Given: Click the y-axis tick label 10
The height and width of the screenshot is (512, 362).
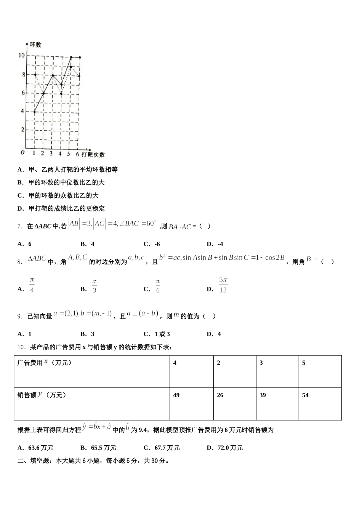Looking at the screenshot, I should (x=21, y=55).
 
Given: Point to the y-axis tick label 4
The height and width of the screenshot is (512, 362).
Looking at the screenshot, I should (x=22, y=111).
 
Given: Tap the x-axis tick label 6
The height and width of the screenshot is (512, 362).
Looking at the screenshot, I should (x=77, y=154).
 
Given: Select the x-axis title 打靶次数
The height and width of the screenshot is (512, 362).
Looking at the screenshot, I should (x=93, y=154).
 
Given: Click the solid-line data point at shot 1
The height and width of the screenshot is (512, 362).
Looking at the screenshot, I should (x=34, y=112).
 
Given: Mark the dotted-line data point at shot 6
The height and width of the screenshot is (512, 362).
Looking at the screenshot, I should (x=79, y=76).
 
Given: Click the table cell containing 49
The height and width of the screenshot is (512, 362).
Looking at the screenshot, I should (x=192, y=404).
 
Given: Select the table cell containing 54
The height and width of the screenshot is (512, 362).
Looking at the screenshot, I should (x=320, y=404).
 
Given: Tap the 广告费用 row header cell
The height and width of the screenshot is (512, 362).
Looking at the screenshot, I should (x=92, y=371).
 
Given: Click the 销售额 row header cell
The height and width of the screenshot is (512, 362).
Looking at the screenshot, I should (x=92, y=404).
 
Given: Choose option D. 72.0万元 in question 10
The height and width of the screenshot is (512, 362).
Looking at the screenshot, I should (x=225, y=448).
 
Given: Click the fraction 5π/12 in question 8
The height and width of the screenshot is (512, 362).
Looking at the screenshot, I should (x=223, y=285).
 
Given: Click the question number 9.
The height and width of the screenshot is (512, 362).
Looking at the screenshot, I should (x=20, y=316).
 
